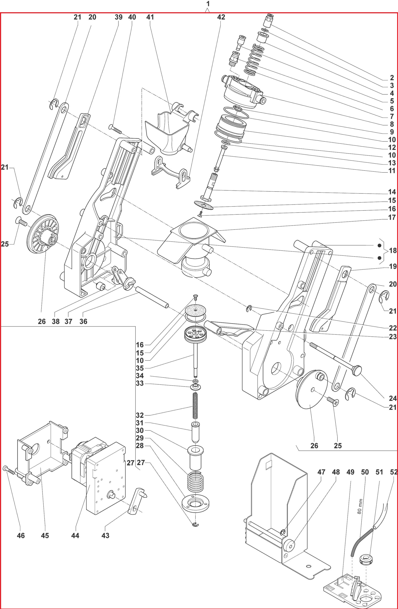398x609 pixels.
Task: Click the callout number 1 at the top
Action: [x=208, y=4]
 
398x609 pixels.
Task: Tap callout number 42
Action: [x=221, y=17]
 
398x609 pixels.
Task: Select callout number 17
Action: [x=392, y=217]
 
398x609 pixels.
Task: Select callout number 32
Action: [x=140, y=415]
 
